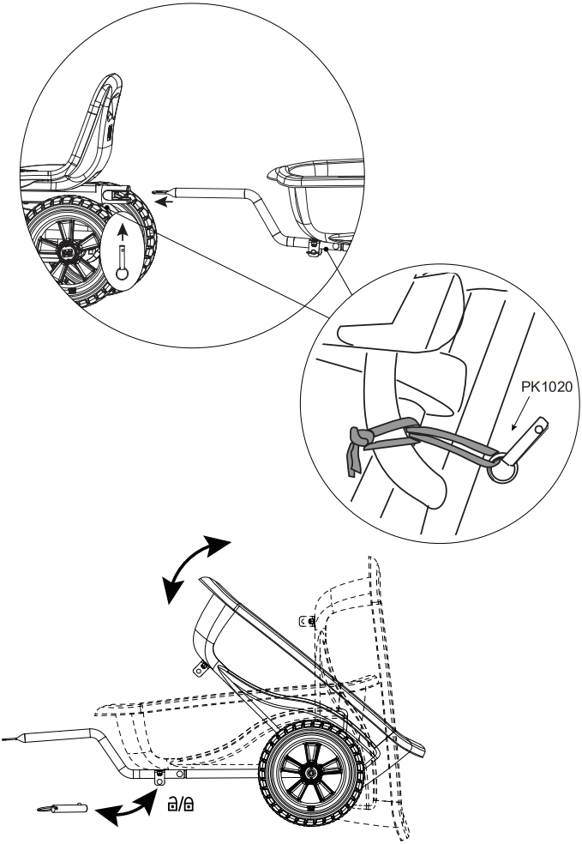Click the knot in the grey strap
point(363,438)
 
